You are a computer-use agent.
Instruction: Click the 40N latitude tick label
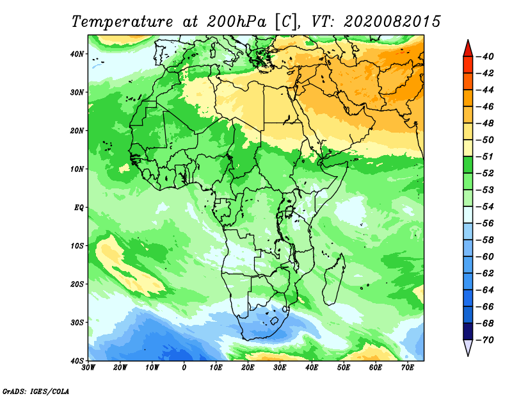76,54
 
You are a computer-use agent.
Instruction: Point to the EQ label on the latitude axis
79,208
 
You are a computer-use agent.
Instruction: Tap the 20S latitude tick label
76,284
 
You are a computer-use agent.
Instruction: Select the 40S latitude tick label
76,361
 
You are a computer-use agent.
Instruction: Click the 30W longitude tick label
88,368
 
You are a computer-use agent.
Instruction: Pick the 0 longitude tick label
184,368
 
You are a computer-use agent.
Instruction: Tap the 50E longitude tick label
344,368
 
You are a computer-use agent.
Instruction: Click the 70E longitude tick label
408,368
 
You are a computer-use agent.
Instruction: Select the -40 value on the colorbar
485,56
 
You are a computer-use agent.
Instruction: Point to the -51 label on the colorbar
485,156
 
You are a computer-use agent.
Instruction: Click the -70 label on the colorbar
485,340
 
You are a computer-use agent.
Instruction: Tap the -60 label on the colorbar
485,257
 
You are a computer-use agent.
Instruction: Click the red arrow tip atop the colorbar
468,40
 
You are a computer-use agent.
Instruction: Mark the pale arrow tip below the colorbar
468,356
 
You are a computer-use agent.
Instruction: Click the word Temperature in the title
122,22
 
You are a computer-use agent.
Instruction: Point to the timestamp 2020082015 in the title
392,22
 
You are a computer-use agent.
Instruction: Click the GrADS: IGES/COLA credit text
36,391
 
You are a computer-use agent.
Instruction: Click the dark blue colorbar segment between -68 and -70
468,331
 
